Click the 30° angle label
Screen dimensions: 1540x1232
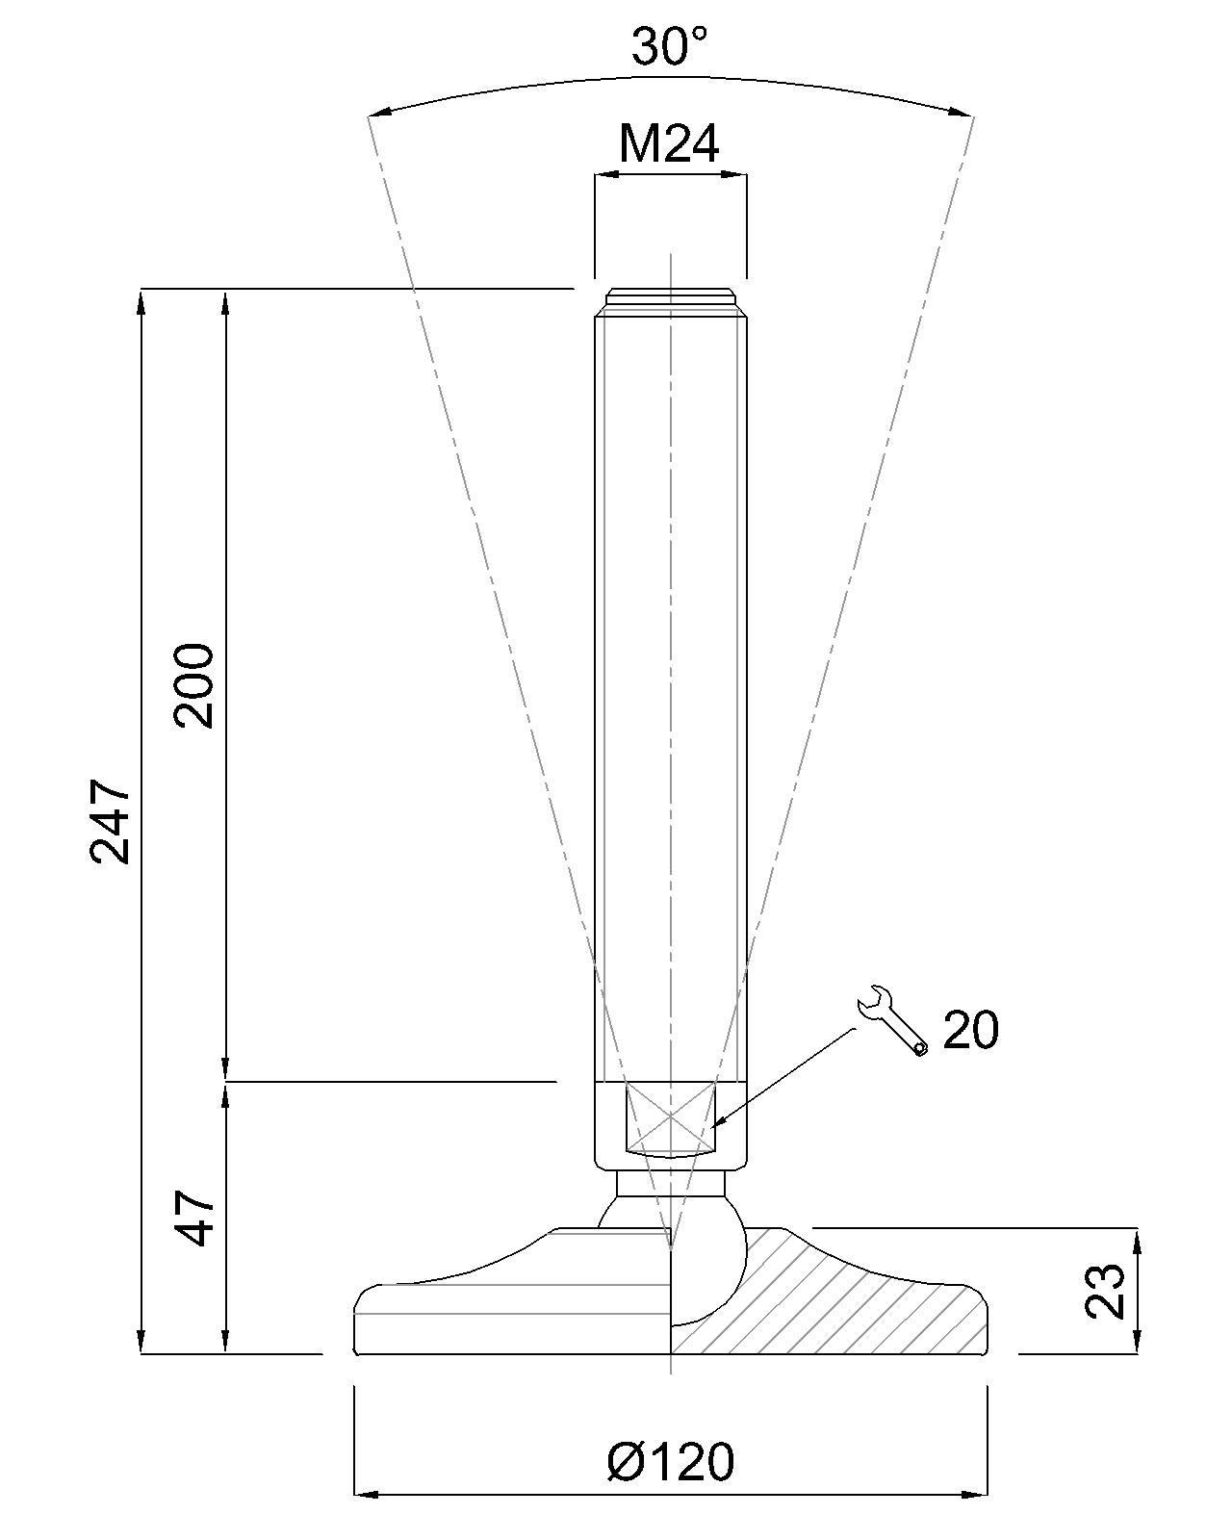[x=670, y=46]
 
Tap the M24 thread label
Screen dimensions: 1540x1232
[x=670, y=144]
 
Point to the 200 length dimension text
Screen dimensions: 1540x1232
[x=194, y=685]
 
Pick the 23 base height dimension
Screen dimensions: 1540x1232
[x=1105, y=1292]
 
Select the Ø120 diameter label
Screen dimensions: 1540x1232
[x=670, y=1462]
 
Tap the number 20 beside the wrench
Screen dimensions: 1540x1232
[x=970, y=1031]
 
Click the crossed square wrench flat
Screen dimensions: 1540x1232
[x=670, y=1118]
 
